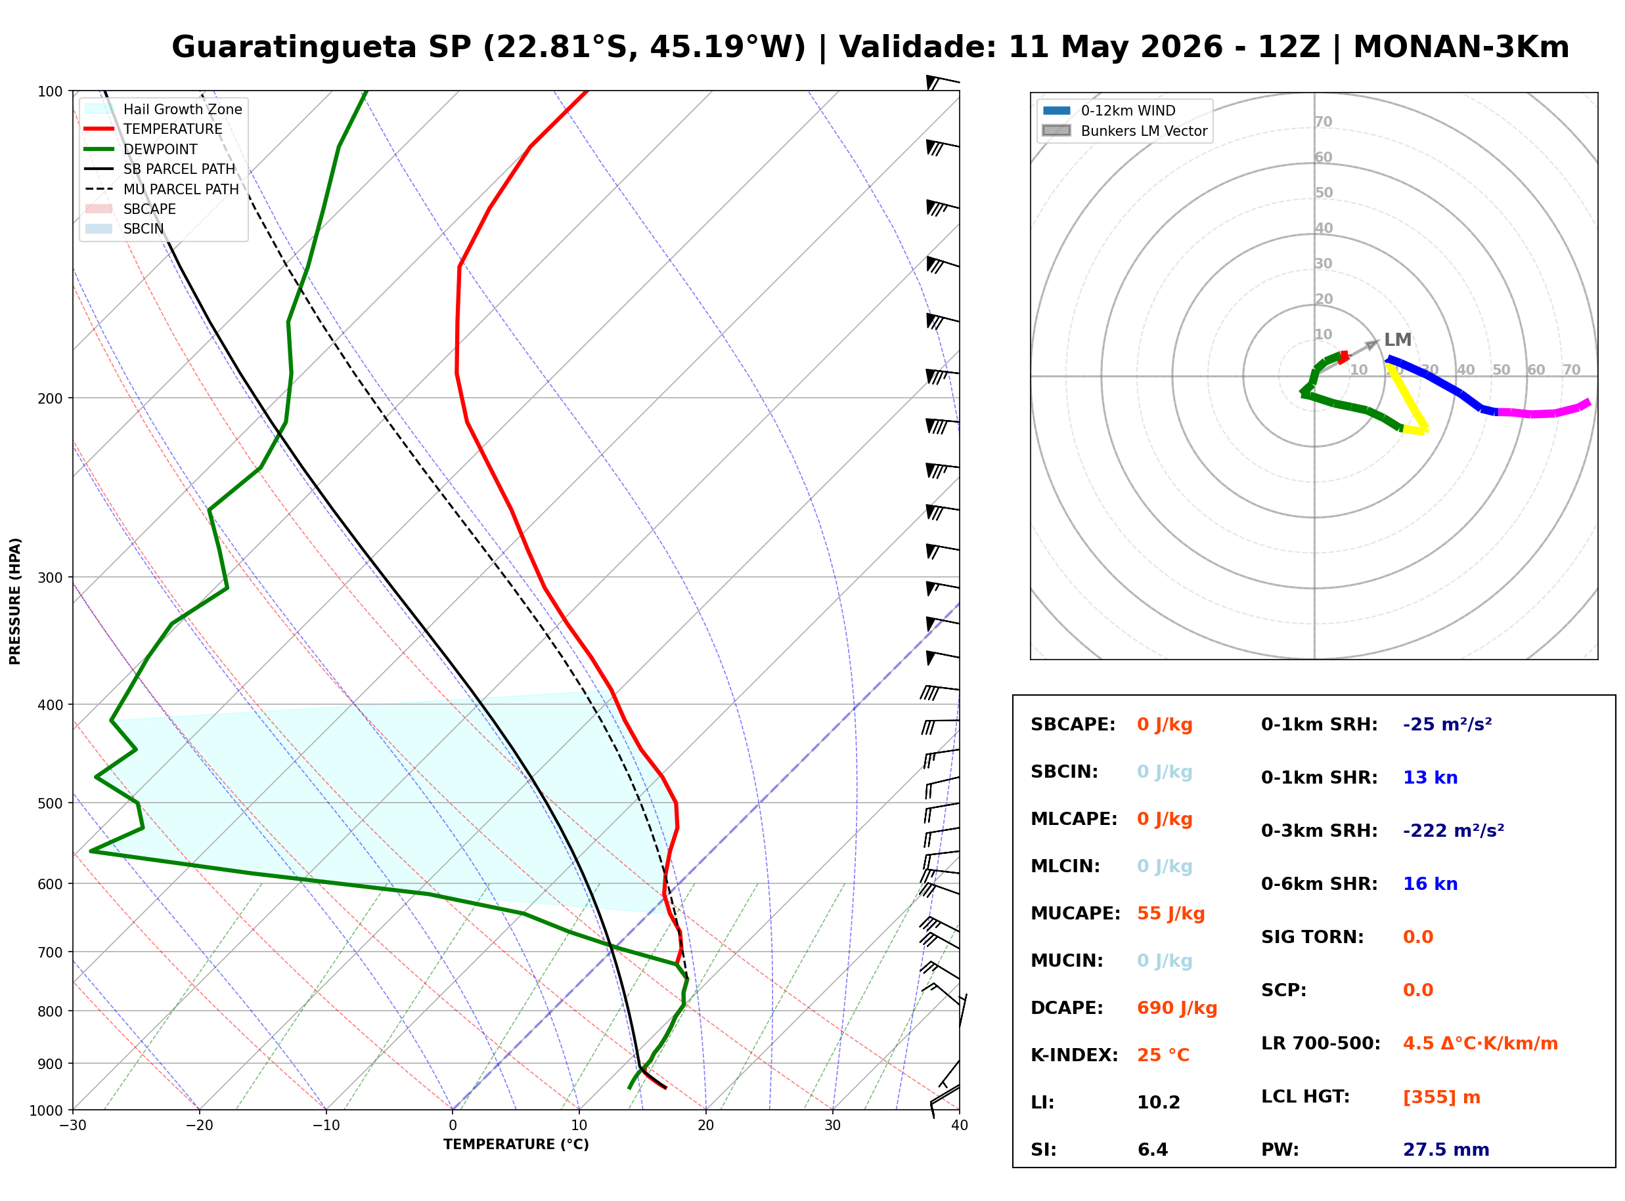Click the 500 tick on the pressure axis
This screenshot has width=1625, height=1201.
50,803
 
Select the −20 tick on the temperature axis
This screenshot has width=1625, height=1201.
199,1126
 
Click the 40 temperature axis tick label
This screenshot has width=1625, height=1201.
960,1126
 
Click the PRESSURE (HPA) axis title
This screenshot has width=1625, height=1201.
15,601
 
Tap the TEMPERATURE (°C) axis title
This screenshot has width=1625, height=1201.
516,1145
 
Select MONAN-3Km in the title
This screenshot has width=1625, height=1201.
1461,47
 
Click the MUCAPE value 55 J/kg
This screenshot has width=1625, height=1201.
1171,913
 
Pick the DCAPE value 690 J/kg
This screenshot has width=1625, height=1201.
1177,1007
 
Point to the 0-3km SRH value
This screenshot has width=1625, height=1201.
1454,830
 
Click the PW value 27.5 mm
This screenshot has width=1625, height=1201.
1446,1149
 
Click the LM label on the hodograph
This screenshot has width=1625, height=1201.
1397,339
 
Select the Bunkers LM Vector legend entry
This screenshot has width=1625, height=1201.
1144,131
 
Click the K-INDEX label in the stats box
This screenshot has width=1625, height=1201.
1075,1055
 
